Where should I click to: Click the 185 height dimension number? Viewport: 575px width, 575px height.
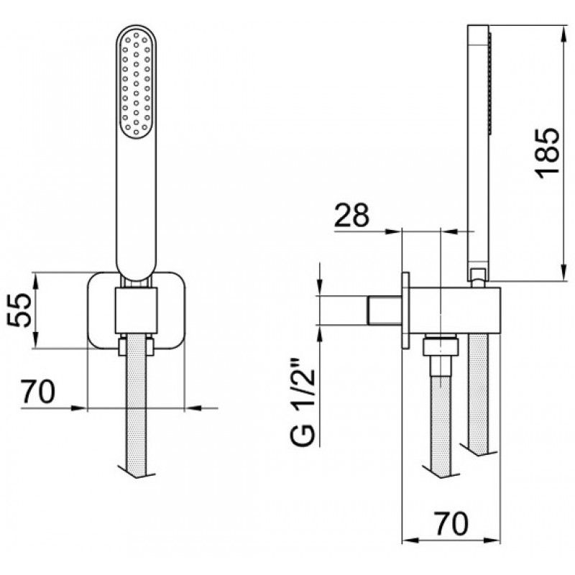click(548, 153)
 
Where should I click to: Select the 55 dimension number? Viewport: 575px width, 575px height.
click(19, 310)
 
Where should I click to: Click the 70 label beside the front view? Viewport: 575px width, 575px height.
click(37, 391)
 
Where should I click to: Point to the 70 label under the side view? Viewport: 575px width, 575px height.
click(451, 523)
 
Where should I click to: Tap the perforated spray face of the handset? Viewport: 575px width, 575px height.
click(136, 85)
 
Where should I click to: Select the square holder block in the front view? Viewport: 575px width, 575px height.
click(136, 311)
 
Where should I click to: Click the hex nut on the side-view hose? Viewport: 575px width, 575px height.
click(441, 346)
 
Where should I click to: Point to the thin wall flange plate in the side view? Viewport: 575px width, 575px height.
click(405, 310)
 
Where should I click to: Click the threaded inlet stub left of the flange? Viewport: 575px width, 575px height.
click(385, 310)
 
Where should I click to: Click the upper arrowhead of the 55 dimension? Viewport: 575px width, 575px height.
click(35, 280)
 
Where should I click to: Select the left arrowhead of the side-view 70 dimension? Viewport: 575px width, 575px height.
click(410, 540)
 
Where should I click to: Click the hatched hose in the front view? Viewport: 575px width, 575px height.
click(136, 403)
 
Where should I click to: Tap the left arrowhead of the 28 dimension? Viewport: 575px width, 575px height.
click(395, 231)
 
